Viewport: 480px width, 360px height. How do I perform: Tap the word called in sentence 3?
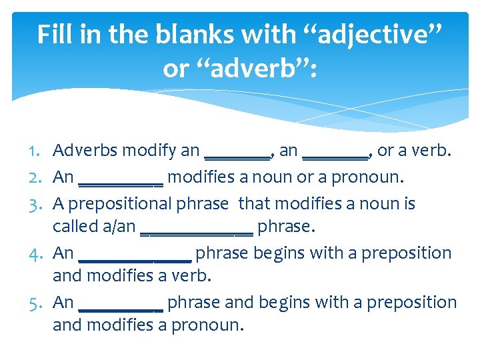(x=73, y=227)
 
